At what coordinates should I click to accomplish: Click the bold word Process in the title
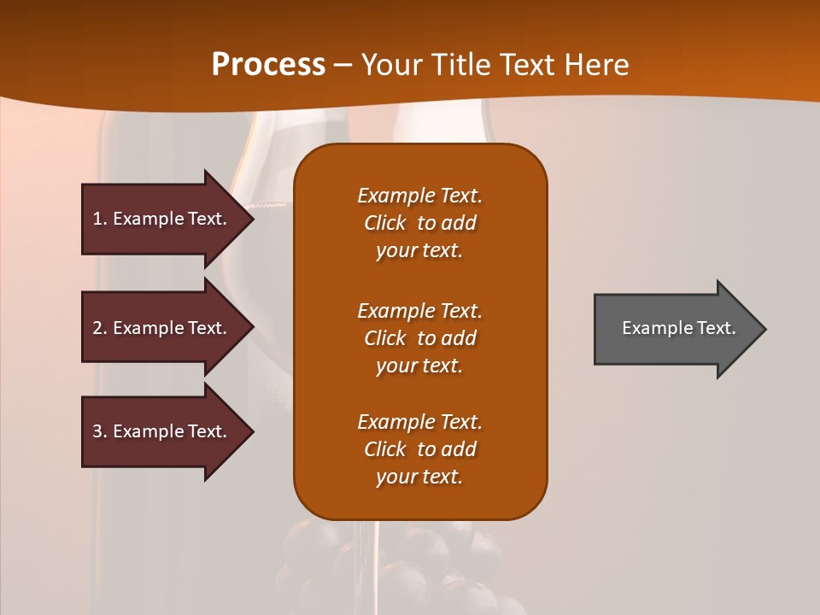(x=268, y=65)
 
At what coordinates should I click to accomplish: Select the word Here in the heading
(x=597, y=65)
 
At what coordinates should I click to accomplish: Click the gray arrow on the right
(x=675, y=329)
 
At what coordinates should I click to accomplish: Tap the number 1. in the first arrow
(x=100, y=219)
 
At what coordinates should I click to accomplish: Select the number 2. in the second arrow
(x=100, y=328)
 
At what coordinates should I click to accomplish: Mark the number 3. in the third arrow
(x=100, y=431)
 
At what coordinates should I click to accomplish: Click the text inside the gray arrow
(x=678, y=328)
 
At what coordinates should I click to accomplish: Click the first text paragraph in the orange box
(x=419, y=223)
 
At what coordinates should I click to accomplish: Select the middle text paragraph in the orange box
(x=419, y=338)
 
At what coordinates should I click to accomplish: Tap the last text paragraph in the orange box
(x=419, y=449)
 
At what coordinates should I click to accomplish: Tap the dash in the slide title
(x=343, y=65)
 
